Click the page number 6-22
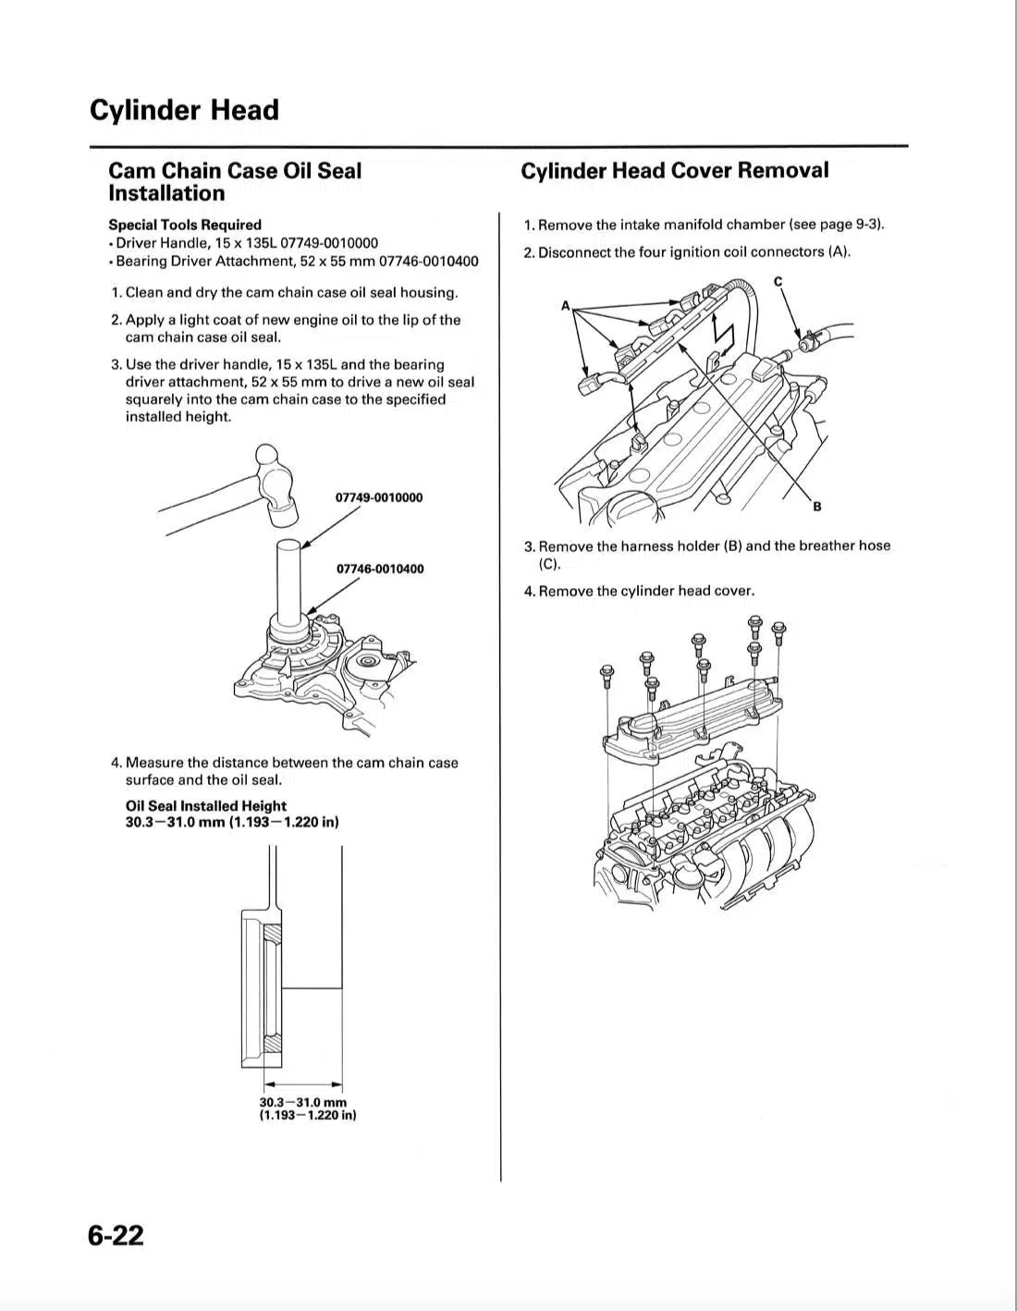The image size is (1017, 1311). click(116, 1235)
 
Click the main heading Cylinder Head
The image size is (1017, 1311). click(184, 110)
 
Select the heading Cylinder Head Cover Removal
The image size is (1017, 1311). click(674, 170)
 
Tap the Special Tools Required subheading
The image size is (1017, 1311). click(185, 225)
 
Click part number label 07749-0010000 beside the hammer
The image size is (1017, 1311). click(379, 497)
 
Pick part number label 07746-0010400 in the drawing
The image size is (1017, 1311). click(380, 569)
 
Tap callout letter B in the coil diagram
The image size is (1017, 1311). click(817, 507)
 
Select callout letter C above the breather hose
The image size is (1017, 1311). click(778, 281)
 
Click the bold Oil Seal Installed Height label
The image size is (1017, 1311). click(206, 806)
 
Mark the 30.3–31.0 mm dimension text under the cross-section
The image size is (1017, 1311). click(303, 1102)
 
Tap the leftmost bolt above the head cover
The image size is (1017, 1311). click(607, 672)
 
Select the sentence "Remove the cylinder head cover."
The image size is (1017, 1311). click(646, 591)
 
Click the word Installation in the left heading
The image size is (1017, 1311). click(166, 193)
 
